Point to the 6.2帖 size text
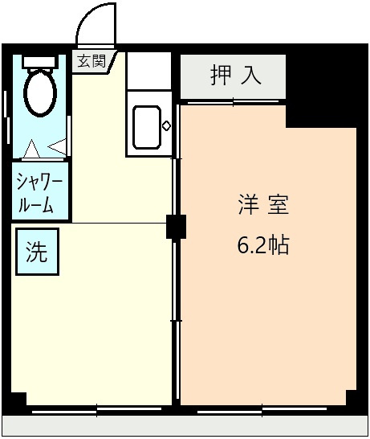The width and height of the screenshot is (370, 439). click(262, 245)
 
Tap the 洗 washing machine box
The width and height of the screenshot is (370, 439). click(37, 252)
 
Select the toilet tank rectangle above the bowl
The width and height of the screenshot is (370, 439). click(39, 62)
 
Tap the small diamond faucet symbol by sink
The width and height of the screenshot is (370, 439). click(166, 125)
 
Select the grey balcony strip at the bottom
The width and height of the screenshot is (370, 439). click(185, 426)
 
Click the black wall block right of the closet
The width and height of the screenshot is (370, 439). click(325, 84)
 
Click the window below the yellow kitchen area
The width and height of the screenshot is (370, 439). click(96, 409)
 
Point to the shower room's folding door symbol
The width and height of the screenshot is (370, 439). click(46, 148)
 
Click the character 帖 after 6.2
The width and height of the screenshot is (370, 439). click(279, 245)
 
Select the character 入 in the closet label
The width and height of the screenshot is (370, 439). click(250, 76)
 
